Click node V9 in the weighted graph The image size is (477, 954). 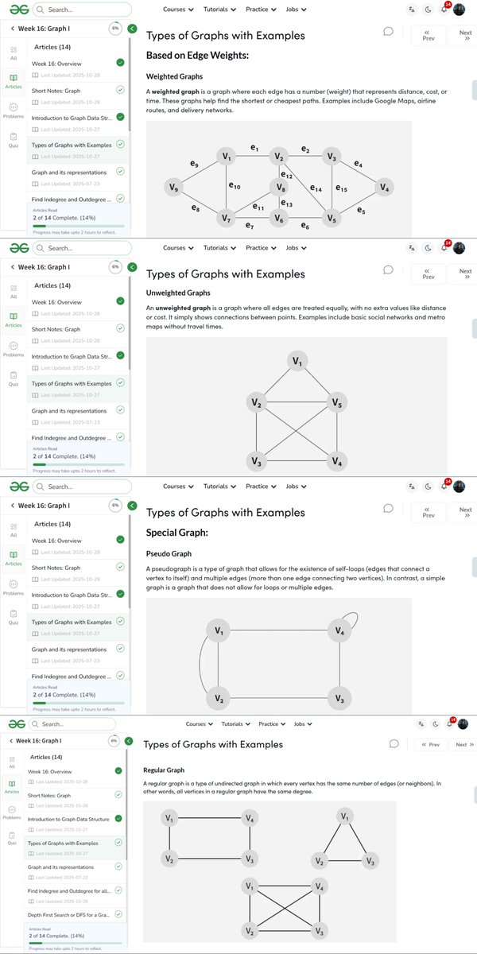[174, 188]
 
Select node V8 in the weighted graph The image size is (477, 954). [278, 188]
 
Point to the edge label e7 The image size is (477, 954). [250, 227]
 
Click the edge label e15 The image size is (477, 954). [341, 188]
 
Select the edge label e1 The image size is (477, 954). [254, 147]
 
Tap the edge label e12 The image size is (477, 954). [287, 175]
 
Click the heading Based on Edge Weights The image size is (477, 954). [197, 56]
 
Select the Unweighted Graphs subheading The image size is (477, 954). [178, 293]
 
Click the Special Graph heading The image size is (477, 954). [177, 532]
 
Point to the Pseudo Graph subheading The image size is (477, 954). [169, 553]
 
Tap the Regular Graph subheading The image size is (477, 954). [164, 770]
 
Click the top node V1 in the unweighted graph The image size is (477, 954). [297, 362]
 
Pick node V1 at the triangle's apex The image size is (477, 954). [344, 816]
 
